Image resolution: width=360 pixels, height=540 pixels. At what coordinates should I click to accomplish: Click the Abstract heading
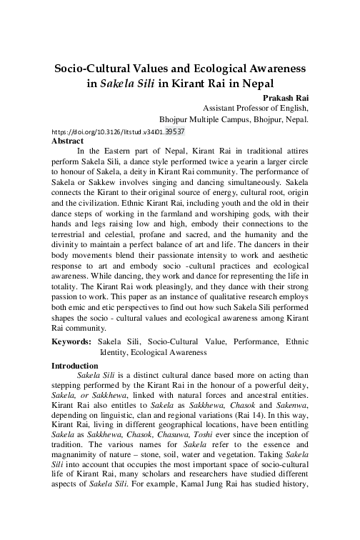coord(68,141)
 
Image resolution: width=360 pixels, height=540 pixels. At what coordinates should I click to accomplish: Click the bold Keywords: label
coord(75,343)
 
